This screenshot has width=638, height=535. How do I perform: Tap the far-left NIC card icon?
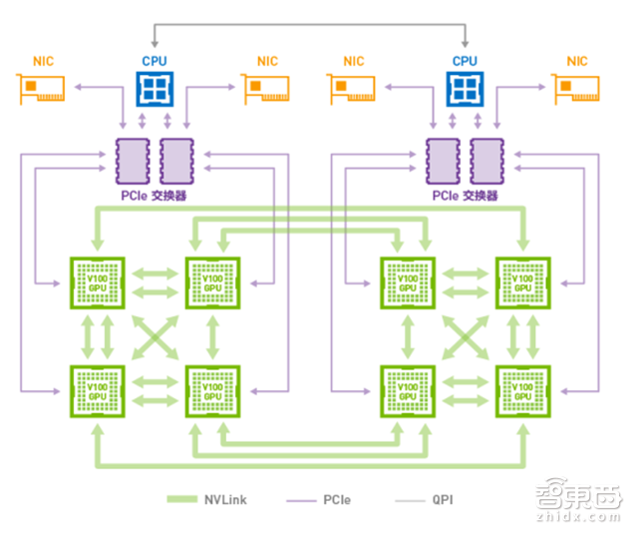tap(45, 90)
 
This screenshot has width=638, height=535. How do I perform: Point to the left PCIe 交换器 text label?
tap(153, 196)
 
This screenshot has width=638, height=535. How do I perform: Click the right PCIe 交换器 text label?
tap(464, 196)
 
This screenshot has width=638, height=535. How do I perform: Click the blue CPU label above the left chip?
tap(154, 61)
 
